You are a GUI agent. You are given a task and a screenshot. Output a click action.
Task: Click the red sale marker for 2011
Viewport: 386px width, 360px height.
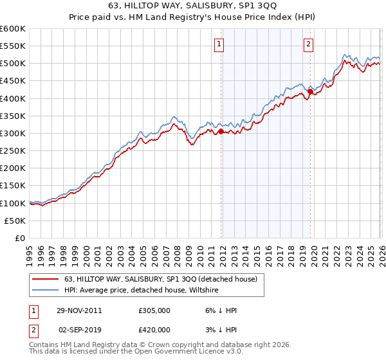point(221,131)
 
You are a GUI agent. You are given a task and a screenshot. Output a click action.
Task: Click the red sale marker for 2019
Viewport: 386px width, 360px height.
point(310,91)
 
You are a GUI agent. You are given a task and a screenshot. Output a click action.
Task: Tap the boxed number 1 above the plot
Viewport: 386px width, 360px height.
point(219,44)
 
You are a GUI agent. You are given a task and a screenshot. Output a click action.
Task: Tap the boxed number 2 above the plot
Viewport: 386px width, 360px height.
point(309,44)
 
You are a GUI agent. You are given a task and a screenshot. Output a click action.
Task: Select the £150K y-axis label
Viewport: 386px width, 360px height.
point(12,185)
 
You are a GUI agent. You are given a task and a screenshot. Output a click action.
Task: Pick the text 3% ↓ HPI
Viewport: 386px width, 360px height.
point(221,329)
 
